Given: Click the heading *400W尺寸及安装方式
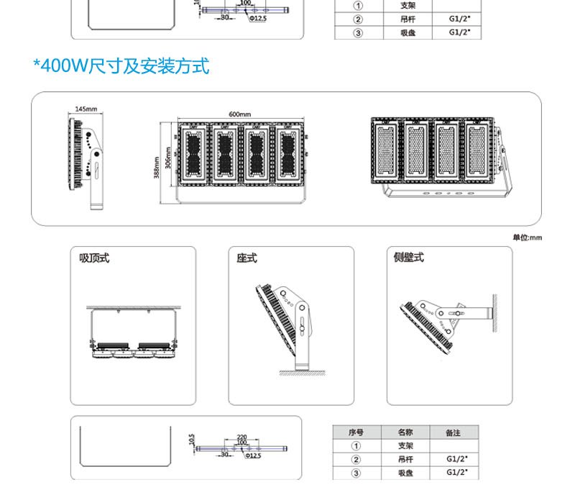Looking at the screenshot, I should [121, 67].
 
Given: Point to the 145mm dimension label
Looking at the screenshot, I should [86, 109].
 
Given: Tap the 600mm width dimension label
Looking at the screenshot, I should [240, 115].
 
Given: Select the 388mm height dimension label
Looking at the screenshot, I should [156, 168].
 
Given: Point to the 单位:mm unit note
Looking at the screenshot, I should [527, 238].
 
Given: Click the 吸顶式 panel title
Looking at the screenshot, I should [94, 258].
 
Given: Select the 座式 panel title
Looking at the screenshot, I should [247, 258].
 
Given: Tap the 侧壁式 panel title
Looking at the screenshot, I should [409, 258].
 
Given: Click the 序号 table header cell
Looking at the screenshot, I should [355, 432].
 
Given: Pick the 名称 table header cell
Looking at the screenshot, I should [405, 432].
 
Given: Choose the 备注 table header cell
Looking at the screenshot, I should [453, 432].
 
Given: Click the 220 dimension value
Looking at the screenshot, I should [241, 437].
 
